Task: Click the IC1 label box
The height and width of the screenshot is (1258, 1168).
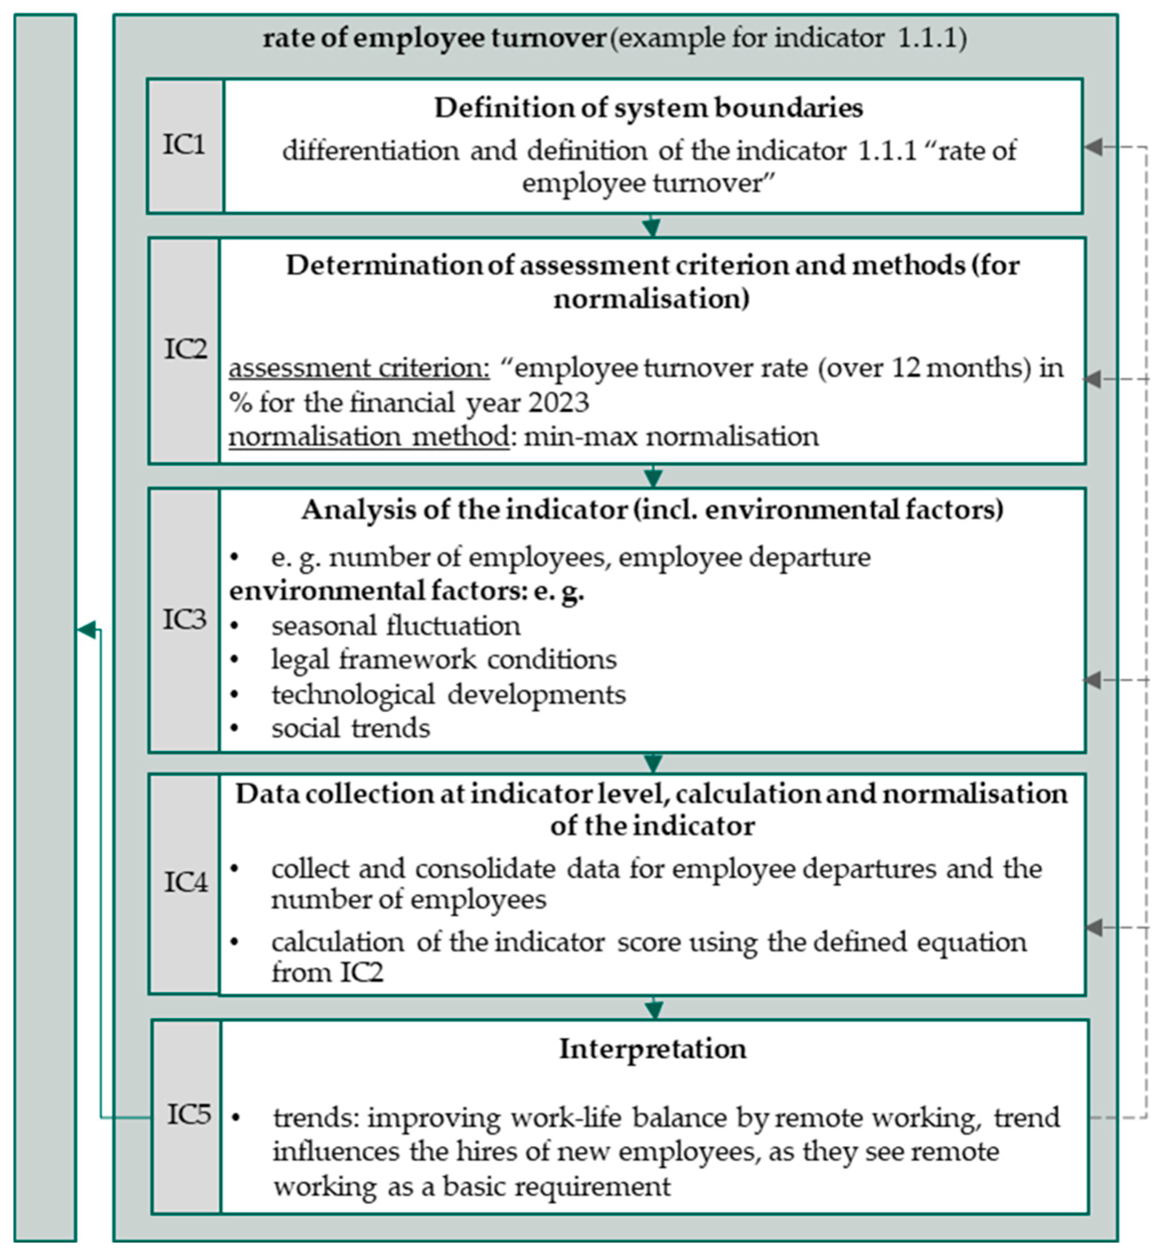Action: tap(184, 146)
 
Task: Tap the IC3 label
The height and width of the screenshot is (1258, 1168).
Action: tap(184, 620)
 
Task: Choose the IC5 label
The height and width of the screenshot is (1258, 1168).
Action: tap(188, 1114)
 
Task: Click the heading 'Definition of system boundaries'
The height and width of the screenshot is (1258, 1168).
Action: tap(648, 108)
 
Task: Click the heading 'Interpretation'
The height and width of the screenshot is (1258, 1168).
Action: tap(653, 1049)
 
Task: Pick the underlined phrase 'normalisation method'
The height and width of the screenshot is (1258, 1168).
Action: tap(369, 437)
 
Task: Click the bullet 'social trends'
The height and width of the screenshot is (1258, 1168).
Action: tap(351, 729)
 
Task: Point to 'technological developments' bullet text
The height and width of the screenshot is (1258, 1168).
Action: tap(449, 694)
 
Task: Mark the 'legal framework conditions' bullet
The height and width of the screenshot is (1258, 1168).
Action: tap(444, 660)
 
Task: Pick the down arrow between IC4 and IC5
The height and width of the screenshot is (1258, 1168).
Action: tap(654, 1009)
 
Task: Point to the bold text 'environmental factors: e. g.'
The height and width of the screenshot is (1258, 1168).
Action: tap(406, 592)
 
